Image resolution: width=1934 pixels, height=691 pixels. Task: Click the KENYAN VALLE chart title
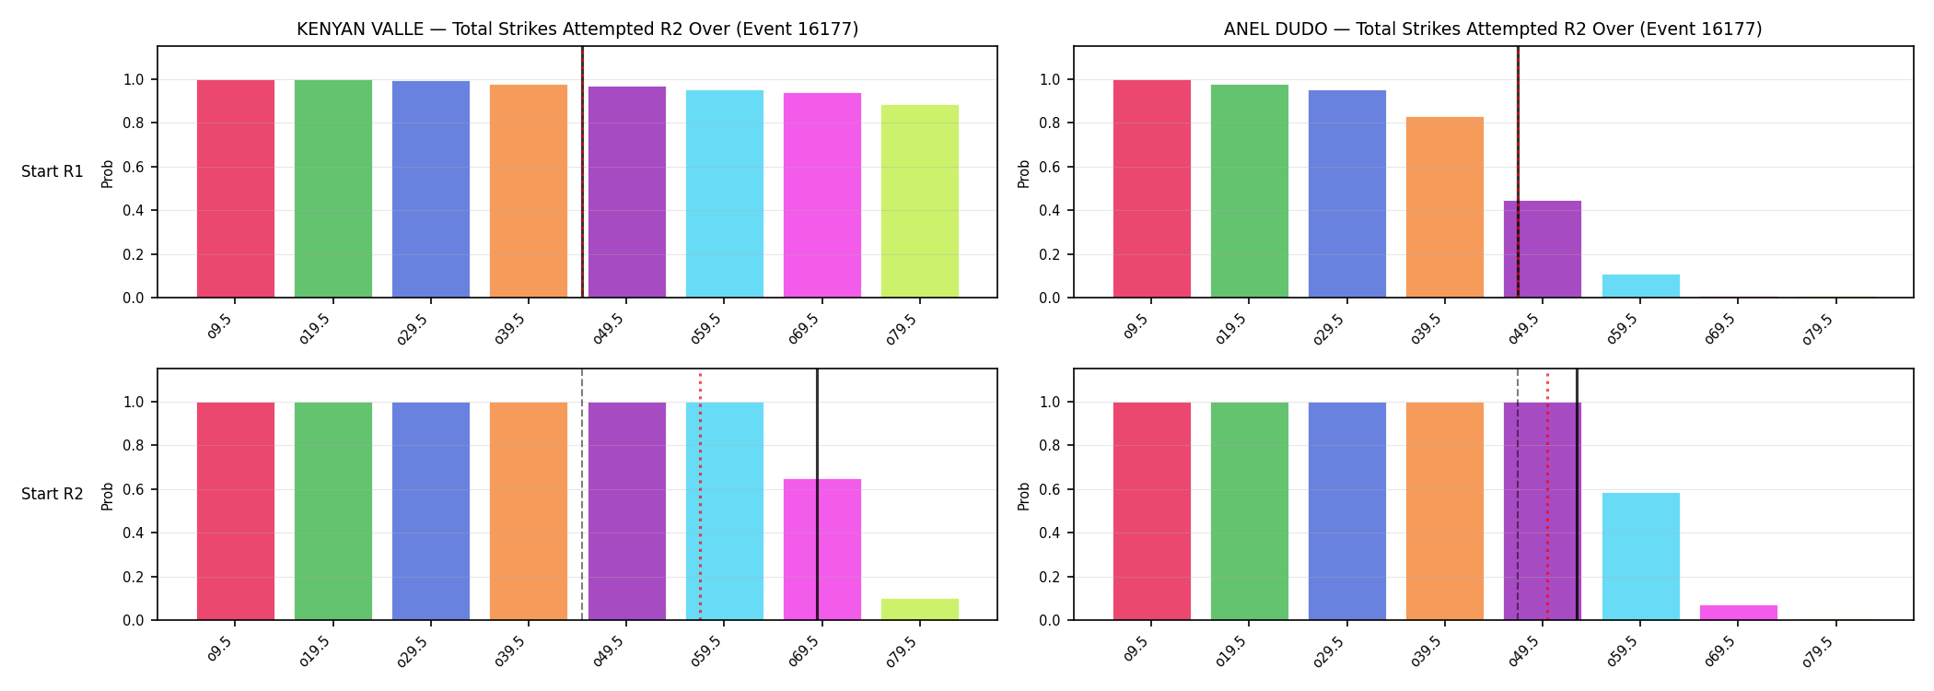click(577, 29)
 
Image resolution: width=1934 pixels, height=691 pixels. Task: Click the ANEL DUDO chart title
click(1493, 29)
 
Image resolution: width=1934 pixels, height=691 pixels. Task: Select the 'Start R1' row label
click(52, 171)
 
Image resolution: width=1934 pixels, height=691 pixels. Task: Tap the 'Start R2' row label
click(52, 494)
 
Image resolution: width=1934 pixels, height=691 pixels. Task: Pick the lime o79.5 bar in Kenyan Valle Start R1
click(920, 201)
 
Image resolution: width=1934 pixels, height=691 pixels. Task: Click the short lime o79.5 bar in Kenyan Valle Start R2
click(920, 610)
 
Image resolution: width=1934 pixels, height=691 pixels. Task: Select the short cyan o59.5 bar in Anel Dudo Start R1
click(1641, 287)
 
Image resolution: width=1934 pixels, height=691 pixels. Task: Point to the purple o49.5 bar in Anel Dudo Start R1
click(1543, 250)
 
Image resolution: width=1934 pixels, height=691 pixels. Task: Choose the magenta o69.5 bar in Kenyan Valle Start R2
click(822, 549)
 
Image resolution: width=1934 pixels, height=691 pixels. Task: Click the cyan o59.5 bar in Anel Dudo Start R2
click(1641, 556)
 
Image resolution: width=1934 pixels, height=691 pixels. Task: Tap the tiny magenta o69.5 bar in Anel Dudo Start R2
click(1739, 613)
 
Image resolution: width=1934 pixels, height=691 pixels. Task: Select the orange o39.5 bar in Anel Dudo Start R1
click(1445, 207)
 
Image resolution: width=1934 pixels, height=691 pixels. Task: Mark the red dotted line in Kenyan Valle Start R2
click(700, 496)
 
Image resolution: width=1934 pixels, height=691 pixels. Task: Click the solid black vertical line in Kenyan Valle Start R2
click(817, 494)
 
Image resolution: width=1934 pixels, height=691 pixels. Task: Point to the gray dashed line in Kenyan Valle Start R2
click(582, 494)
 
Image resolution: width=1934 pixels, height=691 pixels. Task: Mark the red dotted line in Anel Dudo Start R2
click(1547, 496)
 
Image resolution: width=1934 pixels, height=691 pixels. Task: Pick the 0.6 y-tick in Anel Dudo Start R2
click(1050, 489)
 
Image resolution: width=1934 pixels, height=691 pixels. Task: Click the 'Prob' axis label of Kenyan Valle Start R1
click(108, 173)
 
